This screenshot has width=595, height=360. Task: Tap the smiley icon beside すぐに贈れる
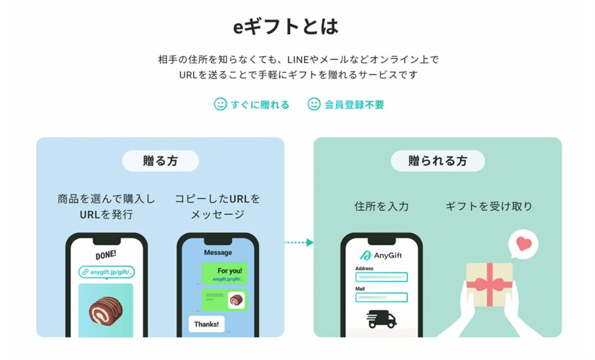click(220, 104)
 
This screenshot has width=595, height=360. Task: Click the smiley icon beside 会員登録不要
click(314, 104)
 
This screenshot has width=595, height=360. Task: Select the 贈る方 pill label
click(161, 161)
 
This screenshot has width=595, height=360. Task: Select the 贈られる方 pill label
click(438, 161)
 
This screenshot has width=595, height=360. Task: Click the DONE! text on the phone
click(106, 255)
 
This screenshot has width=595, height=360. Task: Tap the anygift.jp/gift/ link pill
click(107, 272)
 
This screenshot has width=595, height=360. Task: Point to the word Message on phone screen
click(218, 252)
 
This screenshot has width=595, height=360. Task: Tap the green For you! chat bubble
click(225, 274)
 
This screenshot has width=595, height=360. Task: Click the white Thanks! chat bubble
click(206, 324)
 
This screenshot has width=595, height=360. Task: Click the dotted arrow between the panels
click(299, 242)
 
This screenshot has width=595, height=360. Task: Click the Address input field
click(381, 277)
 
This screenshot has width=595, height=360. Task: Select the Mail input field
click(381, 297)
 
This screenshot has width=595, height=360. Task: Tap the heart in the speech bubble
click(524, 244)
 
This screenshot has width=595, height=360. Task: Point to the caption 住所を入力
click(381, 206)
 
